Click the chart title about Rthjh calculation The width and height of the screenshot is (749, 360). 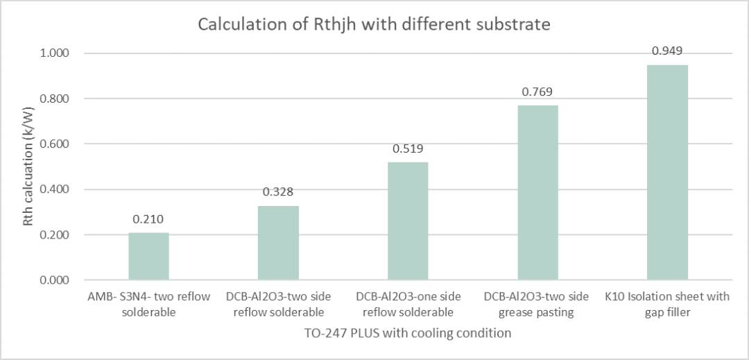point(374,24)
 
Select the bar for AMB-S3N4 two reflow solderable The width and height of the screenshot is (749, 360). point(148,257)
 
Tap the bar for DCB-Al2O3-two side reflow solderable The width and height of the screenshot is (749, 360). point(278,243)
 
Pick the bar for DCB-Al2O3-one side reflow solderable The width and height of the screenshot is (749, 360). point(408,221)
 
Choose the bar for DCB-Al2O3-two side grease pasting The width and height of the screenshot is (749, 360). point(537,193)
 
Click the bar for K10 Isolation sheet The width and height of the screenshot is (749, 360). point(667,173)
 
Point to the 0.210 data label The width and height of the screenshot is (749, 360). point(148,219)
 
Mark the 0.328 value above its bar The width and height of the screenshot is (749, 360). point(278,192)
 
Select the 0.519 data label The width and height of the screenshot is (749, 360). point(408,148)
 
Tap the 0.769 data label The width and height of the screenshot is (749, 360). point(537,92)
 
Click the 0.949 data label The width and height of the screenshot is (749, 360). point(667,51)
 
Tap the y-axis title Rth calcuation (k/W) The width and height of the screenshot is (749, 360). point(28,166)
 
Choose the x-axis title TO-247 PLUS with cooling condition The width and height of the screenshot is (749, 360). point(407,333)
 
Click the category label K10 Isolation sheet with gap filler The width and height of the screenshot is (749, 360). point(667,304)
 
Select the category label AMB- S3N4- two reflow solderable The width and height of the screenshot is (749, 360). point(148,304)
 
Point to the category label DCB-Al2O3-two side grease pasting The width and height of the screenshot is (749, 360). point(537,304)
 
